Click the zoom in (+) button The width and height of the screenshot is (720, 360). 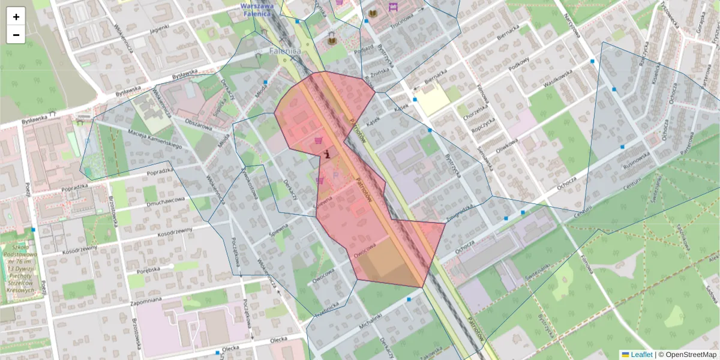pos(16,17)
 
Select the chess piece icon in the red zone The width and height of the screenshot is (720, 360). pos(326,154)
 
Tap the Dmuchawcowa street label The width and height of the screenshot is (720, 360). pos(165,200)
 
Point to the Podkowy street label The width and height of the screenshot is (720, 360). pos(518,64)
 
